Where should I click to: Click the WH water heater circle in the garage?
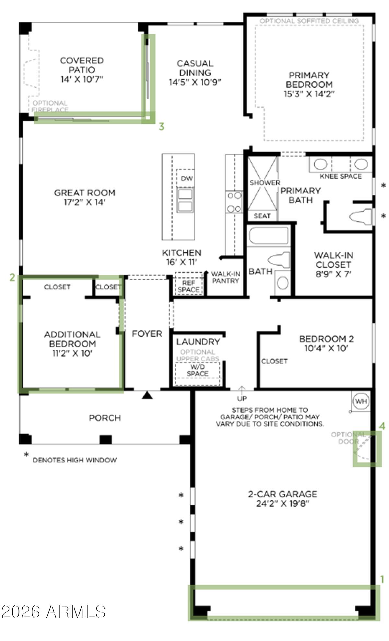pyautogui.click(x=361, y=401)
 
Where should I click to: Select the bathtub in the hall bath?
pyautogui.click(x=268, y=236)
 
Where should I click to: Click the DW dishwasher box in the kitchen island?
pyautogui.click(x=186, y=178)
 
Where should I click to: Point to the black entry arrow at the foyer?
pyautogui.click(x=147, y=395)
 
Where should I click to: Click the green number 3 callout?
pyautogui.click(x=161, y=127)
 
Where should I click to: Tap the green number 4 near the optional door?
pyautogui.click(x=383, y=426)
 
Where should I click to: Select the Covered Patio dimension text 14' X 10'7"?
pyautogui.click(x=81, y=79)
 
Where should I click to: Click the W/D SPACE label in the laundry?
pyautogui.click(x=197, y=370)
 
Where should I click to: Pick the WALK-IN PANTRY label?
pyautogui.click(x=226, y=277)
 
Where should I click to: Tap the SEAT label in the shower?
pyautogui.click(x=262, y=216)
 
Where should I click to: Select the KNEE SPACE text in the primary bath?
pyautogui.click(x=340, y=176)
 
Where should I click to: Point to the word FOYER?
pyautogui.click(x=147, y=334)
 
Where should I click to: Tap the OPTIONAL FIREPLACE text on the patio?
pyautogui.click(x=50, y=107)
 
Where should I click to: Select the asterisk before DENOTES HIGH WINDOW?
pyautogui.click(x=26, y=455)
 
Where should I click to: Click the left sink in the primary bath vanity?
pyautogui.click(x=320, y=164)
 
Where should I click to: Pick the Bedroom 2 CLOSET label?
pyautogui.click(x=274, y=361)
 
